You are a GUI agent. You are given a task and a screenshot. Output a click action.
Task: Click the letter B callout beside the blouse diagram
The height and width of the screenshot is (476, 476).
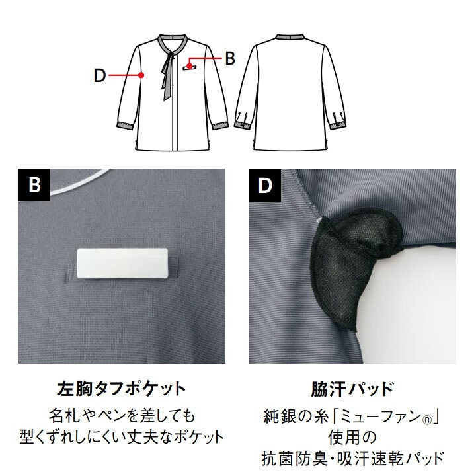point(230,58)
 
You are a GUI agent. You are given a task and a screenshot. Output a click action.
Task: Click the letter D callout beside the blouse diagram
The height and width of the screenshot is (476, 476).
point(100,75)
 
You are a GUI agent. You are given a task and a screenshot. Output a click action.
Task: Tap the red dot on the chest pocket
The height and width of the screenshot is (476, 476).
point(189,66)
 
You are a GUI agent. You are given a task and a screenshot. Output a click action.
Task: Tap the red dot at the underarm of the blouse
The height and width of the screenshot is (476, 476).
point(141,75)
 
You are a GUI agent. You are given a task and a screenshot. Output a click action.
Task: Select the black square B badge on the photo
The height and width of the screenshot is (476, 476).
point(34,185)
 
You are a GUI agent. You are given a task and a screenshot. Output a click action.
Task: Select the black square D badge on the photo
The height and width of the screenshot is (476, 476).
point(264,185)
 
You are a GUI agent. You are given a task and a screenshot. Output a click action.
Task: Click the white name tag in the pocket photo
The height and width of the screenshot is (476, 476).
point(122,263)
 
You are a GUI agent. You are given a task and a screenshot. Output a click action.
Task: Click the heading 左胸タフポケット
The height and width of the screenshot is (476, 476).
point(122,388)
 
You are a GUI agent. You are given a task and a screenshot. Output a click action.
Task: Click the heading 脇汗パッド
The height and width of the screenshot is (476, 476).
point(352,388)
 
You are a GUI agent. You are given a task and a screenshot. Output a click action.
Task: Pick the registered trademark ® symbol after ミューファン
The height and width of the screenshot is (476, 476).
point(427,420)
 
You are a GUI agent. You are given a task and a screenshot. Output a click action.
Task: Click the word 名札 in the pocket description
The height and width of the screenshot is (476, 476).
point(63,416)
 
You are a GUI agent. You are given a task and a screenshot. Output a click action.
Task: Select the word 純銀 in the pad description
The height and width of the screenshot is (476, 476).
point(278,416)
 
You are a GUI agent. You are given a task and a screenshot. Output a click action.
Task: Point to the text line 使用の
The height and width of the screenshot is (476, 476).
point(352,438)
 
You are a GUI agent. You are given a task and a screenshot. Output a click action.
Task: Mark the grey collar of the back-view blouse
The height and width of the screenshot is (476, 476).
point(290,37)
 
